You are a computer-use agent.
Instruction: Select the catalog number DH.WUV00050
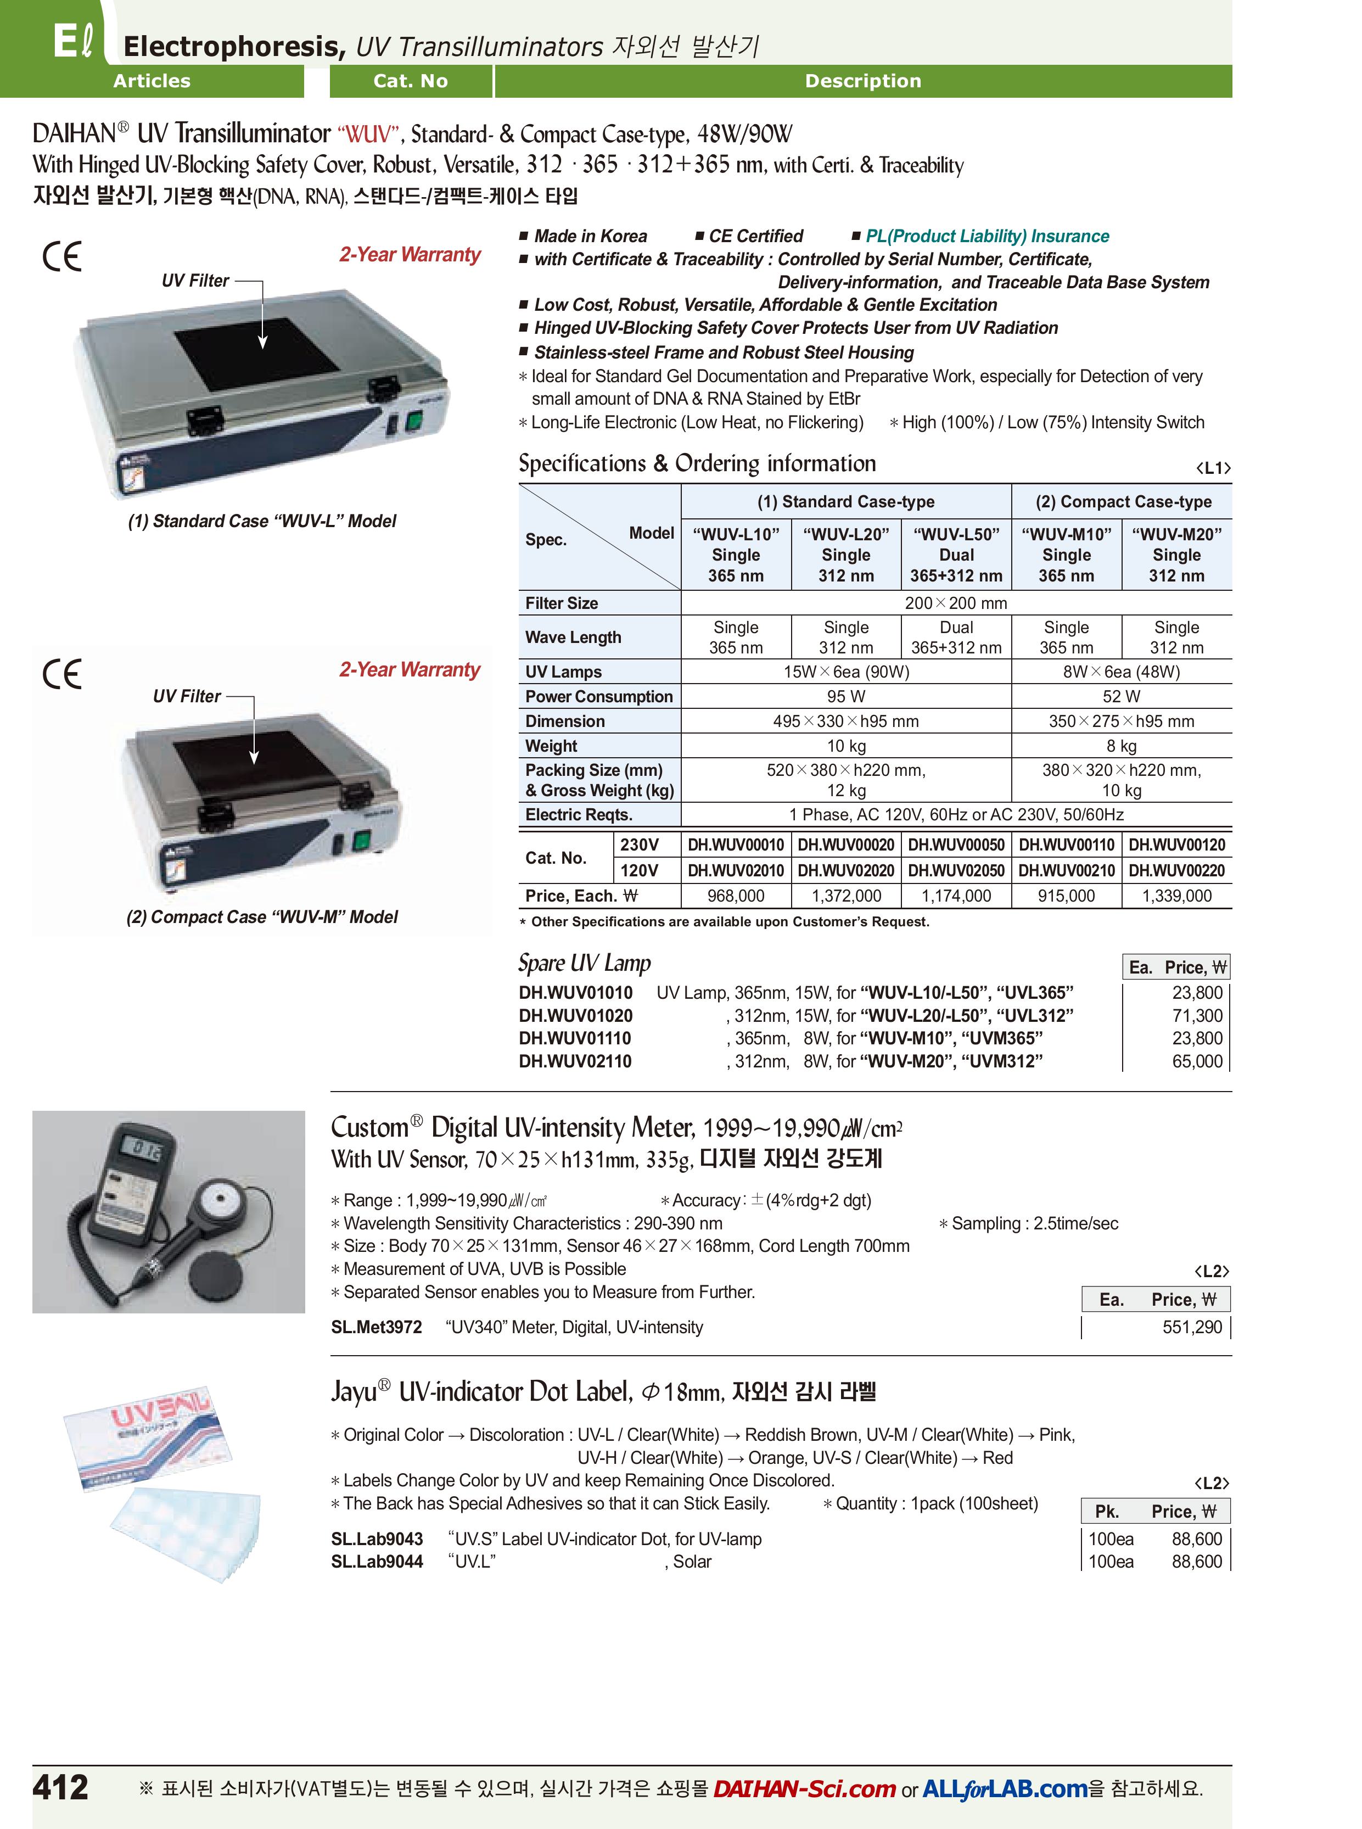click(956, 844)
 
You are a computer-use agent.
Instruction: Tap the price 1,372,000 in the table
click(846, 896)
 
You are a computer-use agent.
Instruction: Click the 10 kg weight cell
click(846, 746)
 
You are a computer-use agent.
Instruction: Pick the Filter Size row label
click(562, 603)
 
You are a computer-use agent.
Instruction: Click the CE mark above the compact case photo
click(62, 674)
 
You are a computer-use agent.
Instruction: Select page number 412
click(60, 1787)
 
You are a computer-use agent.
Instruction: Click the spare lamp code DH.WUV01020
click(575, 1016)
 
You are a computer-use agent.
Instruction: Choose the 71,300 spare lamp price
click(1197, 1016)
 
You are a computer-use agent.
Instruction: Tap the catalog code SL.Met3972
click(376, 1327)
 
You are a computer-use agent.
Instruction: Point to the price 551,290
click(1192, 1327)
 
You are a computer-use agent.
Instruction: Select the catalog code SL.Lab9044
click(377, 1561)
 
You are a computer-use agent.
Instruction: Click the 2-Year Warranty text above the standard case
click(409, 255)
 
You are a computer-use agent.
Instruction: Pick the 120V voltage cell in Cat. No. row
click(639, 870)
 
